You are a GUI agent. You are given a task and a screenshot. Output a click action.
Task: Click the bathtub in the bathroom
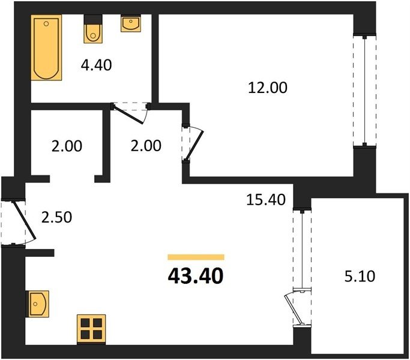[x=46, y=47]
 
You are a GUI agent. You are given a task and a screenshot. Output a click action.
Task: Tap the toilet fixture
[x=93, y=29]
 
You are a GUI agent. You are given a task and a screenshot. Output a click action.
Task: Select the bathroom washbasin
[x=131, y=23]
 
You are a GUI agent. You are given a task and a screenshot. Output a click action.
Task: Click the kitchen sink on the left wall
[x=37, y=304]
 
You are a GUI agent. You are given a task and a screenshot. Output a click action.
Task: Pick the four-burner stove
[x=91, y=329]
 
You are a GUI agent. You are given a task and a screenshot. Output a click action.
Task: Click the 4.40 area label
[x=96, y=65]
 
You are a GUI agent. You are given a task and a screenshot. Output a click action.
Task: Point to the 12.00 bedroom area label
[x=268, y=88]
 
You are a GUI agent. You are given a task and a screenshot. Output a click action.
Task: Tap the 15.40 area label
[x=266, y=200]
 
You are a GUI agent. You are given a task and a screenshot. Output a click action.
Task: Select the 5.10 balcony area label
[x=360, y=276]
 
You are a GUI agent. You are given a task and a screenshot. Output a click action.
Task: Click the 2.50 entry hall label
[x=57, y=217]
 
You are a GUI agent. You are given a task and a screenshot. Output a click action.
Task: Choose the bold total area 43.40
[x=196, y=277]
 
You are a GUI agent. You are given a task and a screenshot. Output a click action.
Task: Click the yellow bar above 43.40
[x=196, y=257]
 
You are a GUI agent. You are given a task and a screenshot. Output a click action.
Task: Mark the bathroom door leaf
[x=128, y=114]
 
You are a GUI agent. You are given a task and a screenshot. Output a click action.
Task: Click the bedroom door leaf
[x=193, y=146]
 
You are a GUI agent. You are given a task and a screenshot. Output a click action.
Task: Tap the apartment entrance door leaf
[x=24, y=220]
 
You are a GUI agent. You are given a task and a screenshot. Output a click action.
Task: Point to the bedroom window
[x=364, y=90]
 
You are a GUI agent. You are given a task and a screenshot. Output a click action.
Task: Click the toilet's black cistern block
[x=93, y=19]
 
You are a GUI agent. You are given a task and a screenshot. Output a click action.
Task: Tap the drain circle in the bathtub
[x=46, y=24]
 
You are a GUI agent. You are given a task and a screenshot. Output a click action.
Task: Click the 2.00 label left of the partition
[x=67, y=146]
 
